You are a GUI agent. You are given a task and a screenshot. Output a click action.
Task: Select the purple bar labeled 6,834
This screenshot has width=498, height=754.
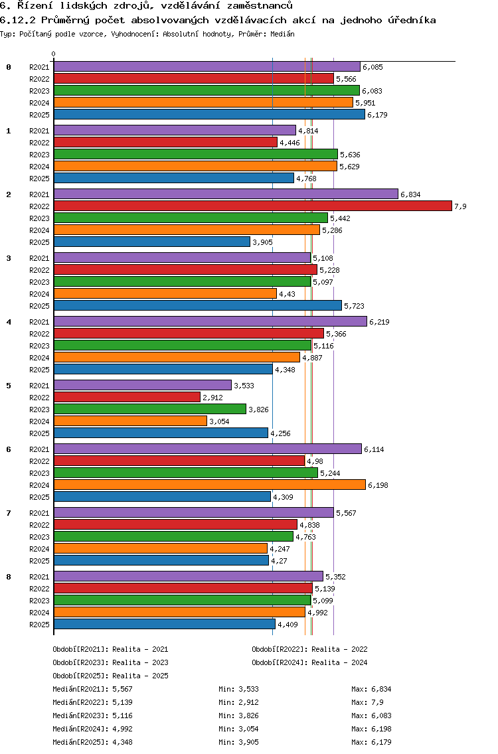tap(226, 194)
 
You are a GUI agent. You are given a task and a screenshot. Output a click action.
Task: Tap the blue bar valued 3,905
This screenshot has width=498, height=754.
tap(152, 242)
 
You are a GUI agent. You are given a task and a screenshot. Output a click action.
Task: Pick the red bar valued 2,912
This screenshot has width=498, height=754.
tap(127, 398)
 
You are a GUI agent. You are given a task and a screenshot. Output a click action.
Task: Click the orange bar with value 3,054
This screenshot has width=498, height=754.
tap(130, 421)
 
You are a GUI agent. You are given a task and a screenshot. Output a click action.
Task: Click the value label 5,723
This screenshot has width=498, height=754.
tap(355, 306)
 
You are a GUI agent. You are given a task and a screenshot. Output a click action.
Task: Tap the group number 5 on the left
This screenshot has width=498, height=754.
tap(9, 386)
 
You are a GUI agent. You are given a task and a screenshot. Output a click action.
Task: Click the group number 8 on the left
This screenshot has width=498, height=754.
tap(9, 577)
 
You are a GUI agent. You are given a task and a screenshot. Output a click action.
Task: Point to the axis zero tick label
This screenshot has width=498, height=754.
tap(54, 54)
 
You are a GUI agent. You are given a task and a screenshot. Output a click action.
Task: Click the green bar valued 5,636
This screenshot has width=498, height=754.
tap(195, 155)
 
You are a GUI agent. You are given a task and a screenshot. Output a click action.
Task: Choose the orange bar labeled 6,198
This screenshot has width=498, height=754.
tap(209, 485)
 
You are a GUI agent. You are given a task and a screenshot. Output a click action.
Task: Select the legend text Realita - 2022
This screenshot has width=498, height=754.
tap(339, 649)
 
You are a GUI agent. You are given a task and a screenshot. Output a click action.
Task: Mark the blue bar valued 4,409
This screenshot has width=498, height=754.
tap(164, 625)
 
